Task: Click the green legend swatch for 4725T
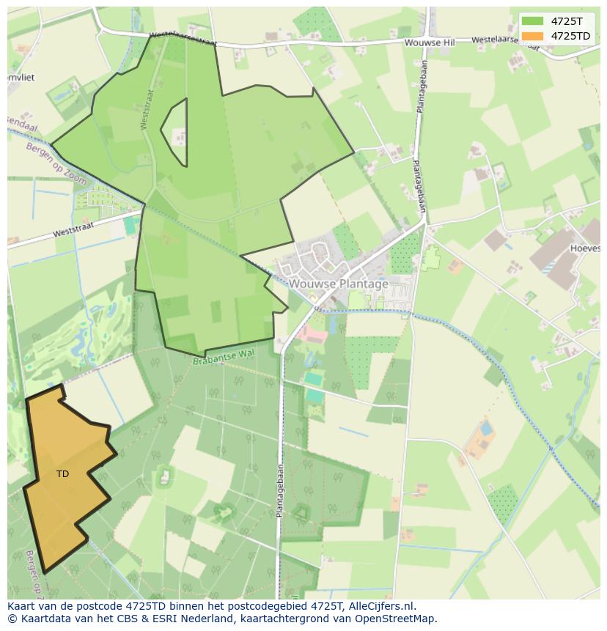pyautogui.click(x=533, y=21)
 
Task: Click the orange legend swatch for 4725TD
pyautogui.click(x=533, y=36)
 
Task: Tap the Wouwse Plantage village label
pyautogui.click(x=338, y=284)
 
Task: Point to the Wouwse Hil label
pyautogui.click(x=430, y=43)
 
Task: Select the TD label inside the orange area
pyautogui.click(x=63, y=474)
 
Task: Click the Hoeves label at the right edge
pyautogui.click(x=585, y=248)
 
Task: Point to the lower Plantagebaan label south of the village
pyautogui.click(x=279, y=490)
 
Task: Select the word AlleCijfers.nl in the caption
pyautogui.click(x=381, y=606)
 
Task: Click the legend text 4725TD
pyautogui.click(x=570, y=36)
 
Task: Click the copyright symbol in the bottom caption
pyautogui.click(x=12, y=619)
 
